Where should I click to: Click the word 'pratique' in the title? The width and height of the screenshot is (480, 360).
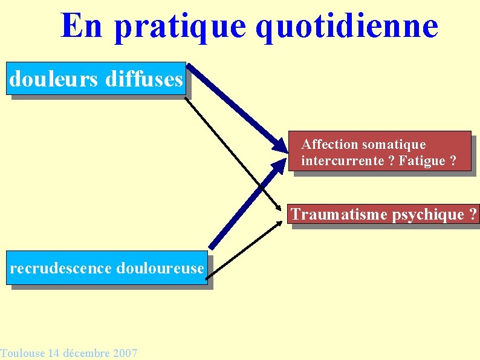pos(180,27)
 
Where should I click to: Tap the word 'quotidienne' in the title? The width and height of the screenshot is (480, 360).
pos(346,26)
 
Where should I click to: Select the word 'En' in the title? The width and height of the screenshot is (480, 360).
pos(83,26)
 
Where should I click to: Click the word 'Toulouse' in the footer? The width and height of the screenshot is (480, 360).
pos(22,353)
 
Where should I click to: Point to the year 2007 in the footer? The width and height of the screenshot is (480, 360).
pos(125,353)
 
